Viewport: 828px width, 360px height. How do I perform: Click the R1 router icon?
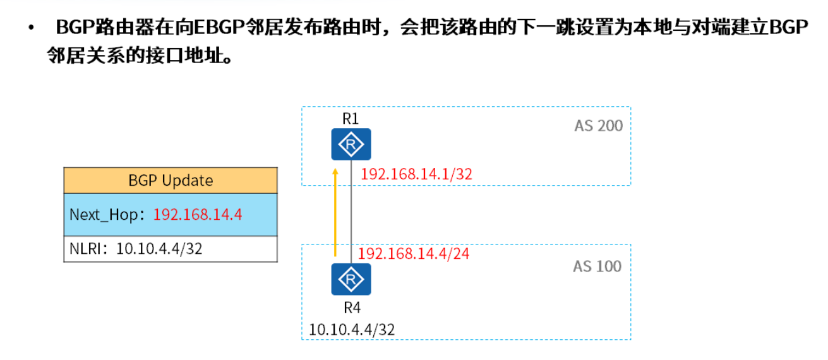(x=351, y=145)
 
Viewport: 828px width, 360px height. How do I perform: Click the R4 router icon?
(x=351, y=279)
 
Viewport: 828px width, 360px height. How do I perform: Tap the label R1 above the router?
(x=351, y=118)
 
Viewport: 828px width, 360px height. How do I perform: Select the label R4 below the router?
(x=352, y=308)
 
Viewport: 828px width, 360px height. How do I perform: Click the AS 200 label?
(x=598, y=126)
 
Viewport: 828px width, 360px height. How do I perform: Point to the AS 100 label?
(x=597, y=267)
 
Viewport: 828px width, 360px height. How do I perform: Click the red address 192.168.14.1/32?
(x=416, y=174)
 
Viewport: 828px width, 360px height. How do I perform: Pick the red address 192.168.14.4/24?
(x=414, y=254)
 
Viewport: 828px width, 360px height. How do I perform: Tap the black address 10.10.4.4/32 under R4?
(x=352, y=329)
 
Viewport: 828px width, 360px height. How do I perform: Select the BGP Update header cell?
(x=171, y=181)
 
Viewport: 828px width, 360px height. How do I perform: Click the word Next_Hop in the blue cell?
(x=103, y=215)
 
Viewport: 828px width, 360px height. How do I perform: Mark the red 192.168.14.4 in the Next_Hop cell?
(x=198, y=215)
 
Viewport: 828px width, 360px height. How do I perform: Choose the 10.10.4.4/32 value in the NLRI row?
(x=159, y=248)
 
